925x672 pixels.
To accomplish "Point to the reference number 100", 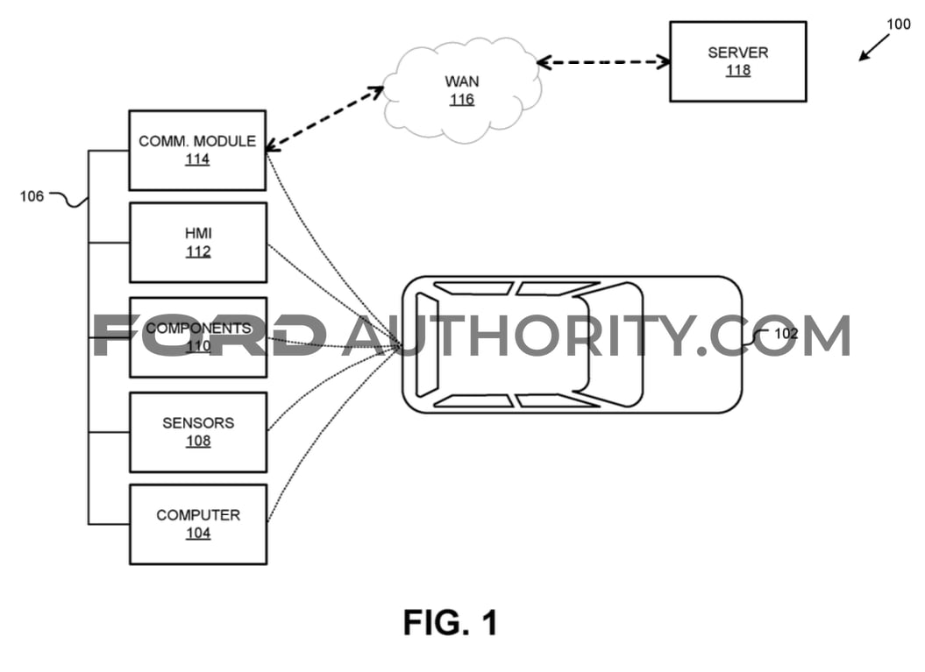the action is pos(899,25).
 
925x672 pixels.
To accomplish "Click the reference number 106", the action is pos(32,196).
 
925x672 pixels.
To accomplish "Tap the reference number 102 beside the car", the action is pos(786,334).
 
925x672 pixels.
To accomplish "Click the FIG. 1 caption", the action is pos(451,622).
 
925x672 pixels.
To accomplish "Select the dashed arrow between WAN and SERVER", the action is pos(603,62).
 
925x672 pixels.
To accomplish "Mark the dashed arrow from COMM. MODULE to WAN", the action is pos(324,118).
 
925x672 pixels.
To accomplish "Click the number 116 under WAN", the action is pos(462,100).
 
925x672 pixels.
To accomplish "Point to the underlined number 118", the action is pos(738,70).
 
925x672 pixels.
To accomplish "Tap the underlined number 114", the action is pos(197,159).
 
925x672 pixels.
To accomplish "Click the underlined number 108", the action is pos(198,441).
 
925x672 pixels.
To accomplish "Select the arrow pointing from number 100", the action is pos(874,47).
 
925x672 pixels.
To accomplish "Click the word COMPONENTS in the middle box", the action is pos(199,329).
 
